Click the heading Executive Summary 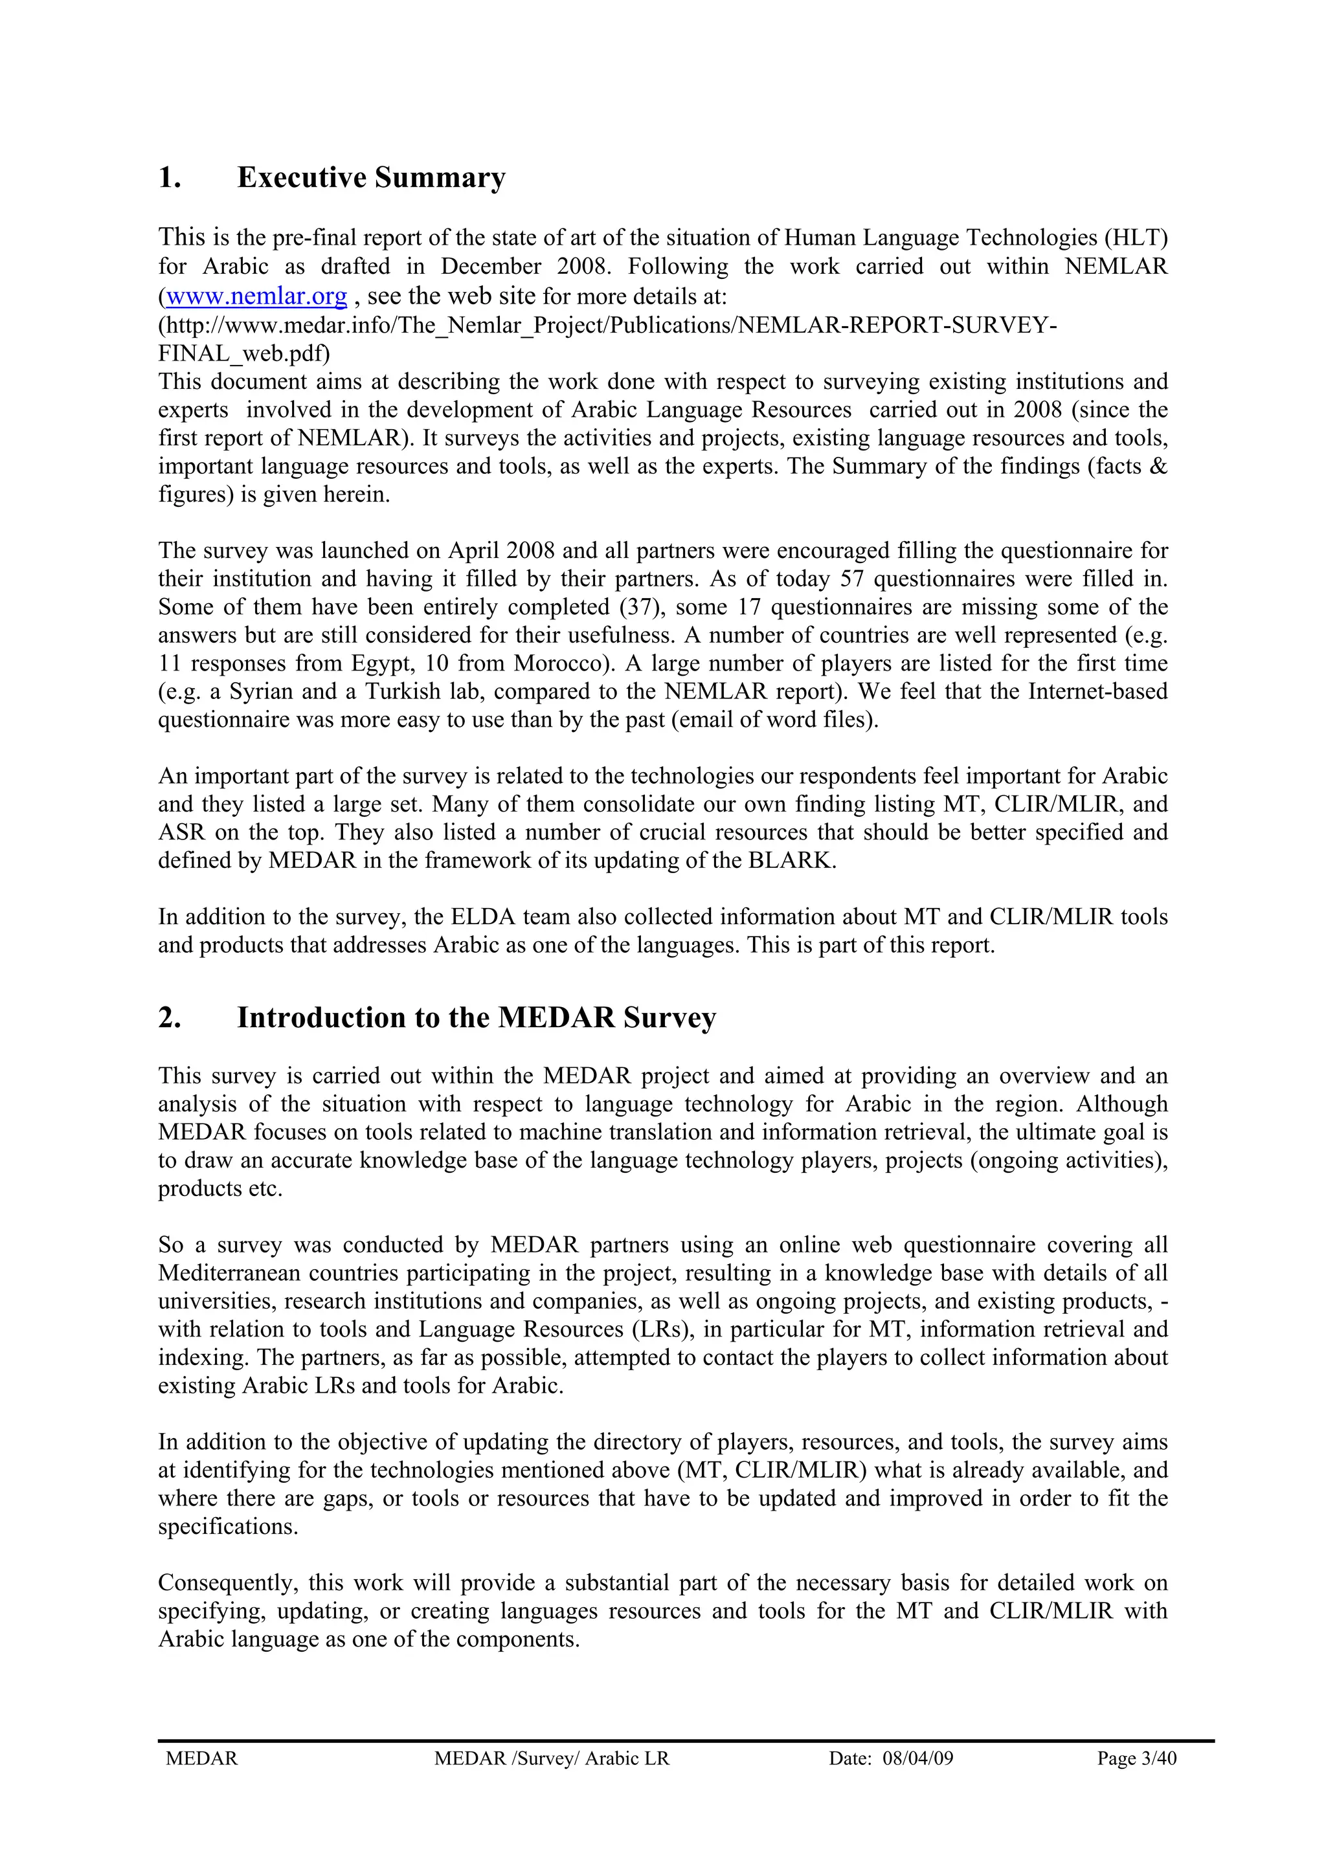click(x=371, y=177)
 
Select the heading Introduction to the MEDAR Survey click(x=477, y=1017)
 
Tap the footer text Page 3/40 click(x=1136, y=1759)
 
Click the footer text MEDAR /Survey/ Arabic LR click(x=552, y=1759)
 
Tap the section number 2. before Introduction click(x=169, y=1017)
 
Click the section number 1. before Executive click(x=169, y=177)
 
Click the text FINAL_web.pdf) click(x=244, y=353)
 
